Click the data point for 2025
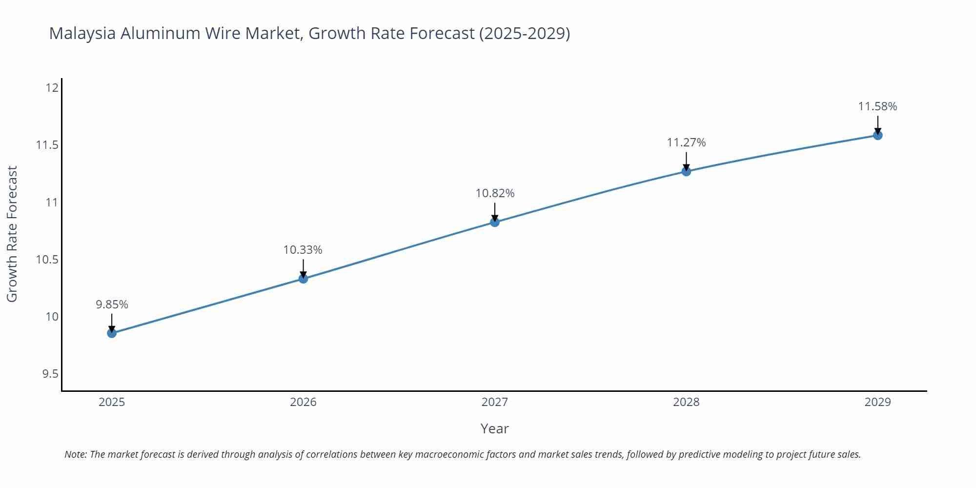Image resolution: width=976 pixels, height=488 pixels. coord(112,333)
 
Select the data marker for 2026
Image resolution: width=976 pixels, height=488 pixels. coord(303,279)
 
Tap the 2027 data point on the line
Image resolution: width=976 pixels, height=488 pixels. coord(495,222)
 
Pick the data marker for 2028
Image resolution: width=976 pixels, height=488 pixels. coord(686,171)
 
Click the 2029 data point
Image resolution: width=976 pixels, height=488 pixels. coord(877,135)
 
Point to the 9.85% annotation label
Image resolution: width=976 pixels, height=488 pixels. coord(112,305)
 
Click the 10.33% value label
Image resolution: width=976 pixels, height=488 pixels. coord(303,250)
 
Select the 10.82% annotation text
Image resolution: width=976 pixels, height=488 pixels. coord(495,193)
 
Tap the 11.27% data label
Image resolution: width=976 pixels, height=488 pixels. coord(686,142)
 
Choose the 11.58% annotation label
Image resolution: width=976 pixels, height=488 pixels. coord(877,106)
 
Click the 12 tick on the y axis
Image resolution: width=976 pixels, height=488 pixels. coord(52,88)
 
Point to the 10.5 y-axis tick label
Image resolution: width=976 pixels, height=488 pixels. coord(47,260)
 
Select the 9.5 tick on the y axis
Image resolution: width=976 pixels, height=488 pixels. coord(50,374)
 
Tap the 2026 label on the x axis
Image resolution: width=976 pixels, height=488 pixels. coord(303,402)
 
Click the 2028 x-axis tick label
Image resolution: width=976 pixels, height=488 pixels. coord(686,402)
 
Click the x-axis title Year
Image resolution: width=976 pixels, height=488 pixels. coord(494,428)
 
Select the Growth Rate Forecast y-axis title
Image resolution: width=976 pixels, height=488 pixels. coord(12,234)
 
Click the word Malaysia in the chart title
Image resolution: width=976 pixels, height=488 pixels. coord(82,33)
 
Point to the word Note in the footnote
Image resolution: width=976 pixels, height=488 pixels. coord(75,454)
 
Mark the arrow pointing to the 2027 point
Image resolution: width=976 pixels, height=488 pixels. coord(495,213)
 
